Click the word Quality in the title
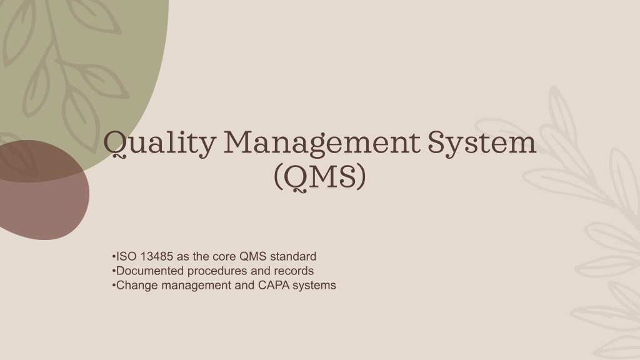pos(159,144)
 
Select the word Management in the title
pos(322,144)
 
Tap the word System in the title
pos(482,144)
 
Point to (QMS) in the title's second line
pos(319,177)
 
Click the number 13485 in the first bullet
pos(157,256)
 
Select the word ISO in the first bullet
pos(126,256)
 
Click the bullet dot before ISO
pos(114,257)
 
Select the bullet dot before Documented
pos(114,271)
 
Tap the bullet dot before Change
pos(114,285)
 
